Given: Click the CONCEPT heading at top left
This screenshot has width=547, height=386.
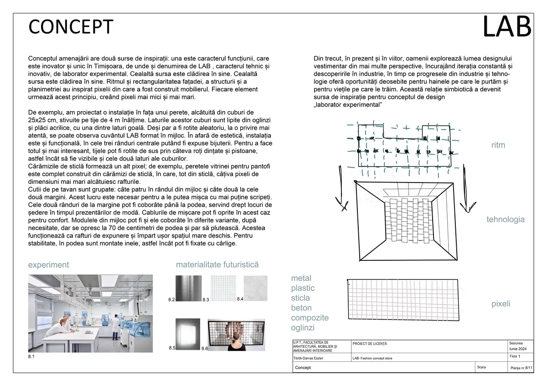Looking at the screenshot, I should [71, 27].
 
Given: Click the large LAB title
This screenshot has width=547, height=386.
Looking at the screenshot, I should [506, 26].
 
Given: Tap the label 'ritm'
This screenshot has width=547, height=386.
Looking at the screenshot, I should [498, 145].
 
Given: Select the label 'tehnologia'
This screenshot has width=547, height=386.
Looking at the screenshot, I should [505, 219].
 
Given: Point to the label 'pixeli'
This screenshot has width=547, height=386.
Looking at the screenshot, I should [501, 304].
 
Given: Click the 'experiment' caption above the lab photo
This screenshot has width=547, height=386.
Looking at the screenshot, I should [49, 265].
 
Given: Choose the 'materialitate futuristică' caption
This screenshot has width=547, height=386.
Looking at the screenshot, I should [217, 264].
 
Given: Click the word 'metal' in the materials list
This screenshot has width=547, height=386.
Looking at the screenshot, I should [301, 278].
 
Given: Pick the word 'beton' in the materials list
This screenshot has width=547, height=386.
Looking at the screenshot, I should [301, 308].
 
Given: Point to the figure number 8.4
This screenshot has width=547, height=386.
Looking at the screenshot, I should [240, 299].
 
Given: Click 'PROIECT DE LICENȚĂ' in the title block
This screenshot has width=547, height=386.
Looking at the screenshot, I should [370, 343].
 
